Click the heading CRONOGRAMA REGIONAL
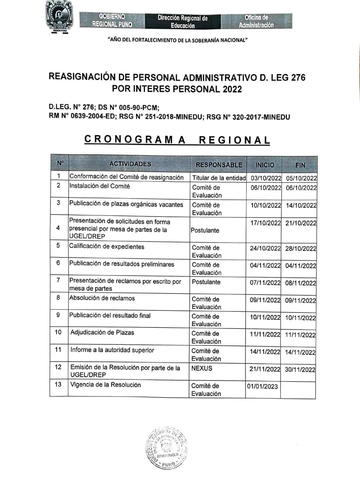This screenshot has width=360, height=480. [x=177, y=140]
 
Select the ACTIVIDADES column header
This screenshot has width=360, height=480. [x=130, y=164]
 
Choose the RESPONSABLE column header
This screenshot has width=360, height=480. [x=219, y=165]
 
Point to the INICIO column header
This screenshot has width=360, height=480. [x=265, y=165]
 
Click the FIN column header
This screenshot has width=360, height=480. [x=300, y=165]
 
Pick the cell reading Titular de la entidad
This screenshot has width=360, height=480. [x=219, y=178]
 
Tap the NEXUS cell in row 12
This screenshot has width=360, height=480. [x=202, y=368]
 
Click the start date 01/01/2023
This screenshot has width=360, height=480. [x=262, y=386]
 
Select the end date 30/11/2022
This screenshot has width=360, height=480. [x=300, y=369]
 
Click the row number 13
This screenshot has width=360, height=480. [x=58, y=384]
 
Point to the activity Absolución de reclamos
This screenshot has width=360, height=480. [x=102, y=298]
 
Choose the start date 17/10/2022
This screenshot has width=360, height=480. [x=266, y=223]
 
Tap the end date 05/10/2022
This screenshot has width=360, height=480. [x=301, y=178]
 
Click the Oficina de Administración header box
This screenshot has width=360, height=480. [x=256, y=21]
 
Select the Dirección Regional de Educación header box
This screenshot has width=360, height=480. [x=182, y=21]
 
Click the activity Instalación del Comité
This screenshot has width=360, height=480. [x=99, y=186]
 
